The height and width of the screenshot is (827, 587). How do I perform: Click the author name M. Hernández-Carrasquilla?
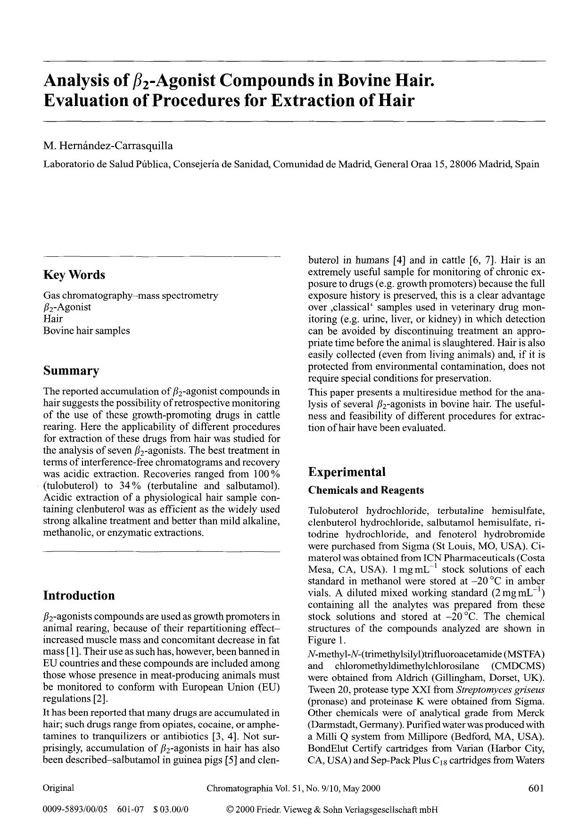108,146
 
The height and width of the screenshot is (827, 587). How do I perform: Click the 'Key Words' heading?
74,275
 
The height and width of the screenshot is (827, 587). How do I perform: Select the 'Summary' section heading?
71,371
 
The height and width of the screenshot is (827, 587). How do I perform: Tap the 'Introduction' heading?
79,596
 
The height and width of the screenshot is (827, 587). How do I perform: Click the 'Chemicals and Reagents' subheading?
366,490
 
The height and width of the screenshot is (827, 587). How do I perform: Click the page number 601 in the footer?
536,788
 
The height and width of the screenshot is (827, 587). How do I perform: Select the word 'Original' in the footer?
58,788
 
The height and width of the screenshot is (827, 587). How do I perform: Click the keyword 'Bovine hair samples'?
86,330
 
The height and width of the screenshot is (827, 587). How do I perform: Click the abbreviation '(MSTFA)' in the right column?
524,654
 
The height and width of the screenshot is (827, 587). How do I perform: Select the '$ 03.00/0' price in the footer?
171,810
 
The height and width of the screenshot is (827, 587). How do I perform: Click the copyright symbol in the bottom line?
230,810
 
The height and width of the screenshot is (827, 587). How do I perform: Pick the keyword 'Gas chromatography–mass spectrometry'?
131,295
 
